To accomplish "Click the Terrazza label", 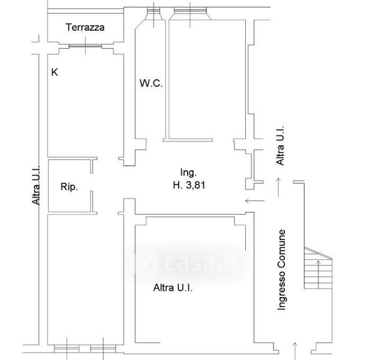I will pos(86,27).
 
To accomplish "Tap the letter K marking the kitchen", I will pos(55,73).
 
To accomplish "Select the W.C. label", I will pos(151,83).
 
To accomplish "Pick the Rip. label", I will pos(70,187).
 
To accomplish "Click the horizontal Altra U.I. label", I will pos(173,288).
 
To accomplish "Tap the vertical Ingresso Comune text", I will pos(282,271).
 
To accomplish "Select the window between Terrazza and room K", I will pos(86,46).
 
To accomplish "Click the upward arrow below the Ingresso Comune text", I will pos(294,349).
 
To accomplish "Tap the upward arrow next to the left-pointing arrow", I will pos(278,186).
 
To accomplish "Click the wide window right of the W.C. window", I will pos(189,12).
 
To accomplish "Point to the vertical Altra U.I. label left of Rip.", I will pos(37,186).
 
